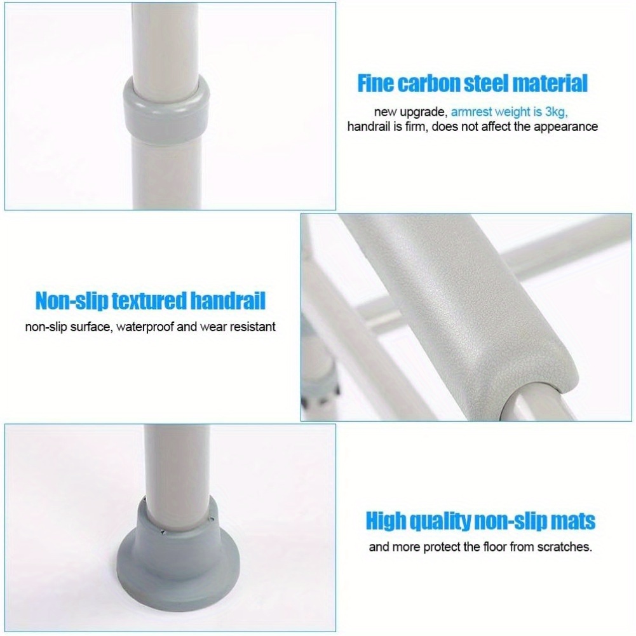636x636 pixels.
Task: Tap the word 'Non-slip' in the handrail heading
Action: pos(71,301)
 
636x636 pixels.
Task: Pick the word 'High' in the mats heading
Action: pos(388,521)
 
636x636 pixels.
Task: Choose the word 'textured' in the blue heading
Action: pos(150,301)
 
